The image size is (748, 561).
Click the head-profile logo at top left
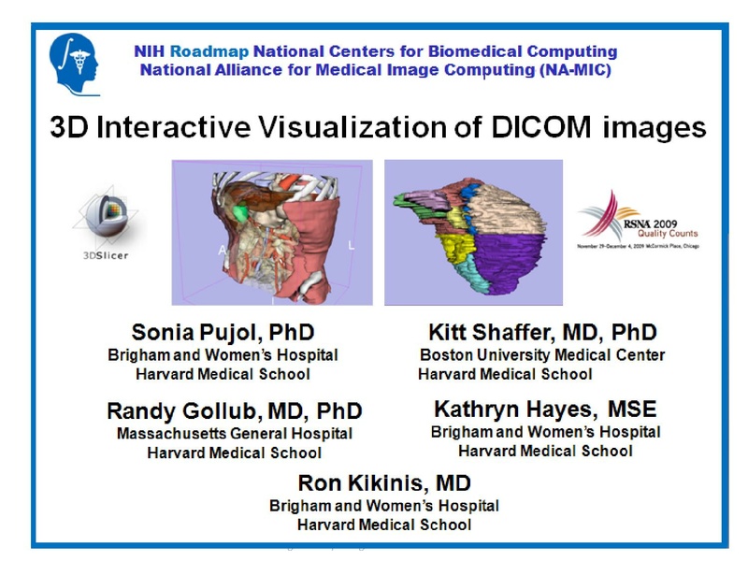pyautogui.click(x=75, y=63)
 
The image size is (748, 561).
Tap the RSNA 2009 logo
pyautogui.click(x=637, y=221)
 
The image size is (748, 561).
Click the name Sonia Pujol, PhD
pyautogui.click(x=223, y=332)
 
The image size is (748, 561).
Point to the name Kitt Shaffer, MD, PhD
pyautogui.click(x=542, y=332)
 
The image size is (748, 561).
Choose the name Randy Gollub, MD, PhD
pyautogui.click(x=234, y=411)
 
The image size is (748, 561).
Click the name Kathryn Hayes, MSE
pyautogui.click(x=545, y=409)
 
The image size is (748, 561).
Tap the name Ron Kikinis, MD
pyautogui.click(x=383, y=483)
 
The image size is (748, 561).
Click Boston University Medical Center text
pyautogui.click(x=542, y=355)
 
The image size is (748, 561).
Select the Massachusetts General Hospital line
pyautogui.click(x=234, y=434)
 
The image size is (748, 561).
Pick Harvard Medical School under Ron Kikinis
pyautogui.click(x=383, y=525)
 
